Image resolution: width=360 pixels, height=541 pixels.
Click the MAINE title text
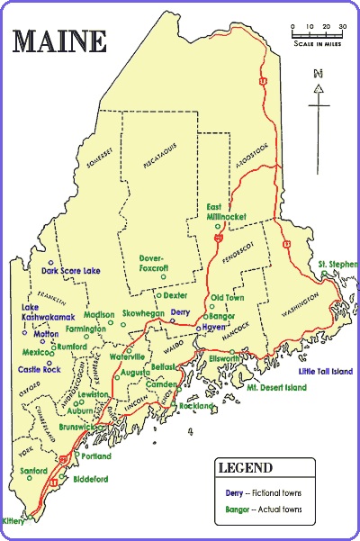coord(58,41)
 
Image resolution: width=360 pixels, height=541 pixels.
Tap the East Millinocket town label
coord(226,212)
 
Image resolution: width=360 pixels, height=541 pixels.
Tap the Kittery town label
coord(13,520)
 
